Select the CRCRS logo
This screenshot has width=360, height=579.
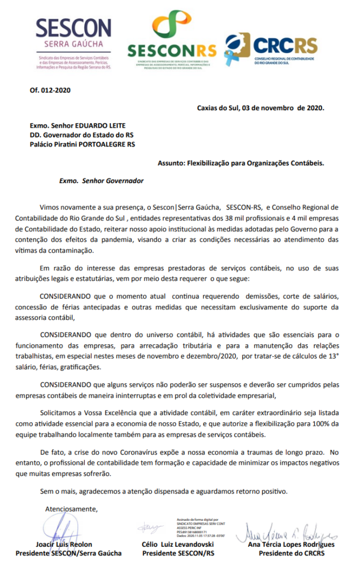click(x=271, y=49)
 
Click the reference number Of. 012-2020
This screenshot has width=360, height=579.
click(x=50, y=90)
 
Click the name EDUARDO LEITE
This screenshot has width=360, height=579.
click(x=102, y=125)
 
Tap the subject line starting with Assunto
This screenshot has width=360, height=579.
click(x=241, y=163)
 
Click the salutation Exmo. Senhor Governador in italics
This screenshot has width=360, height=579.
click(x=101, y=181)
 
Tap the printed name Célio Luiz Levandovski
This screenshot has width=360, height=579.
click(x=179, y=545)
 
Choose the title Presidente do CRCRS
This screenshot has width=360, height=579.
click(x=292, y=554)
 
